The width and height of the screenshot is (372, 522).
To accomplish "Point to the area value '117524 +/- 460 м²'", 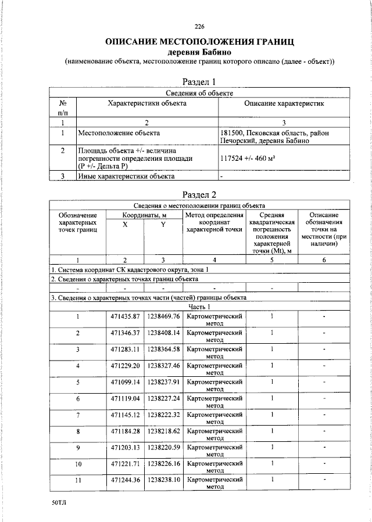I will tap(248, 157).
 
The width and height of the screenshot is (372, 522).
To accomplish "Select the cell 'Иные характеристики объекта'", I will tap(126, 175).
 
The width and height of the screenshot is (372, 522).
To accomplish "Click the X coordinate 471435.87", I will tap(126, 316).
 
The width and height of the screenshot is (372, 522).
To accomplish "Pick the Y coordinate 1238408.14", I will tap(163, 333).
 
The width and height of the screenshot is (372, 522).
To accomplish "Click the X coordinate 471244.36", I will tap(126, 480).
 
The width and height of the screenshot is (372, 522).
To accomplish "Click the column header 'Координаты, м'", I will tap(144, 215).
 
